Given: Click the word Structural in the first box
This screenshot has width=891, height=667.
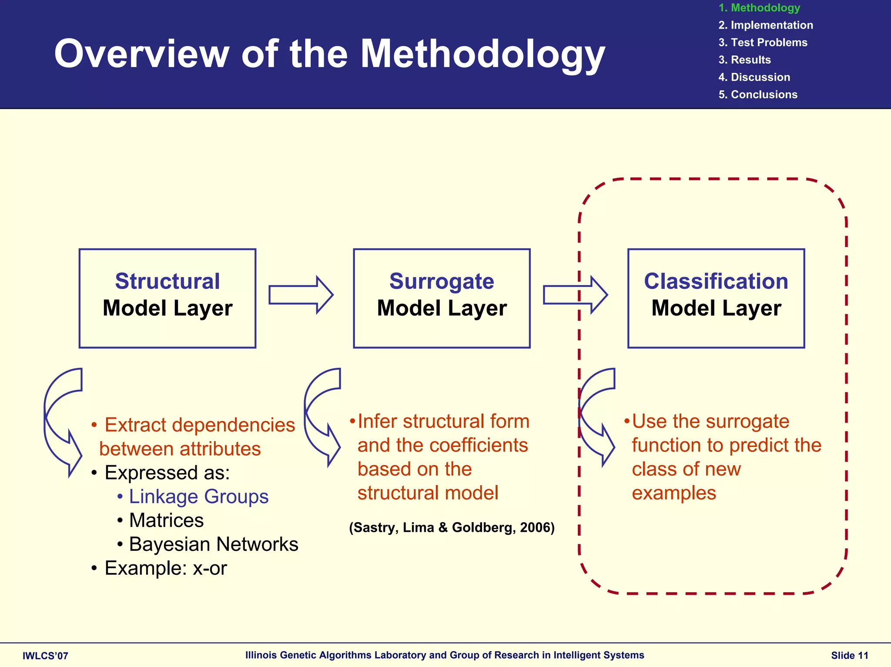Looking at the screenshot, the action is (x=167, y=281).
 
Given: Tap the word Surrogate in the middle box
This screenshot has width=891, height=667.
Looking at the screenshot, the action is (x=441, y=281).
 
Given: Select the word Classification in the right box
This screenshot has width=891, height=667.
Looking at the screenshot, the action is (x=716, y=281).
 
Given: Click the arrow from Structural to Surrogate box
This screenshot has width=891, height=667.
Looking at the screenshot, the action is (x=301, y=295).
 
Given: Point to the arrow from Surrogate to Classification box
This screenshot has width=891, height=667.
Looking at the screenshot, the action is (x=575, y=295).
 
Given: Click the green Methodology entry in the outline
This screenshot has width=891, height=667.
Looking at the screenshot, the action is (x=759, y=8).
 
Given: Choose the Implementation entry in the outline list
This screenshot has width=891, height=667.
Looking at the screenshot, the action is (x=766, y=25).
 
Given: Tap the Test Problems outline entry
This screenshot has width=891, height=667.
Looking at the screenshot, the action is (x=763, y=43).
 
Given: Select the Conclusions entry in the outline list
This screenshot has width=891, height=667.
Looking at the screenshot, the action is (x=758, y=95).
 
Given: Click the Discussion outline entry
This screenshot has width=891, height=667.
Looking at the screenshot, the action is (x=754, y=77).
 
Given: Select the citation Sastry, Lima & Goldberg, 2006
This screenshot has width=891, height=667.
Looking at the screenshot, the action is (x=452, y=527).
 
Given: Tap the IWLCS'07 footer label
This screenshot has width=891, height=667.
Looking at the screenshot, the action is (x=45, y=656).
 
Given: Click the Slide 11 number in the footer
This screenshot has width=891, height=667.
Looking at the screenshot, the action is (x=849, y=656).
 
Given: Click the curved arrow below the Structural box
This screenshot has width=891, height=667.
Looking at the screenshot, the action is (x=61, y=422).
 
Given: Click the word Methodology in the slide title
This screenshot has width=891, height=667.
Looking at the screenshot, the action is (x=482, y=54).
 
